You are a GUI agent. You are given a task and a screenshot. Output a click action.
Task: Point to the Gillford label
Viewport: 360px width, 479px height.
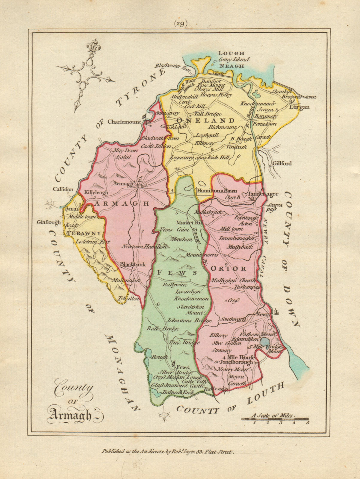[x=282, y=164]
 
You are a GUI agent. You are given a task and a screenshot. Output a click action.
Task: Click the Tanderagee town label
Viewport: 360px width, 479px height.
[x=263, y=194]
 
